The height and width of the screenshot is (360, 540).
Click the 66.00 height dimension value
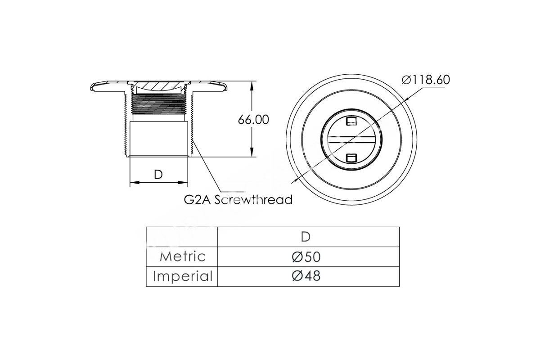(253, 120)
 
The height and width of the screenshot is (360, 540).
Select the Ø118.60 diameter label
(426, 80)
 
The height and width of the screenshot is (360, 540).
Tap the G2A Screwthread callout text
(238, 200)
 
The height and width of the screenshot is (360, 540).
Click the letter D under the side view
(158, 175)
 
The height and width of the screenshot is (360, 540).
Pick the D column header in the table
(306, 237)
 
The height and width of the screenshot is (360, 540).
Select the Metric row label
(183, 256)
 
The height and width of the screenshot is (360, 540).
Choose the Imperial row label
(183, 276)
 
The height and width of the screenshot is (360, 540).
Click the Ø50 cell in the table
(306, 257)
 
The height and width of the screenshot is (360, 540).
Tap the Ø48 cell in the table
(306, 276)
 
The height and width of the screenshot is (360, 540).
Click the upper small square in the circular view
(351, 121)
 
